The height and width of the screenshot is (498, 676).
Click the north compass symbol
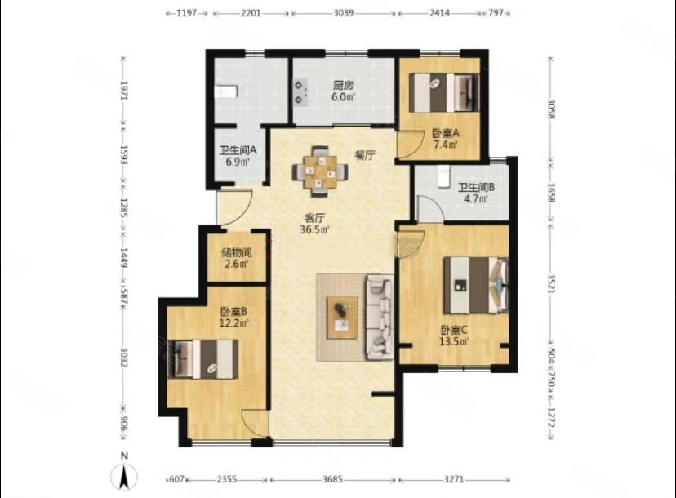(124, 478)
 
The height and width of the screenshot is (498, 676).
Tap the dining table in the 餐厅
(319, 171)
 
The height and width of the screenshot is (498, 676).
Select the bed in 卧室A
(443, 93)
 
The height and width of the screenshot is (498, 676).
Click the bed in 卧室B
(202, 359)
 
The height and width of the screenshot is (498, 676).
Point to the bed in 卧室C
(475, 285)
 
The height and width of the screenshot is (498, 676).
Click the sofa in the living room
(380, 318)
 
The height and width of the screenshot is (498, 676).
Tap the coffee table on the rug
(342, 318)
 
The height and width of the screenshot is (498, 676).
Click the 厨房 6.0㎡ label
(343, 91)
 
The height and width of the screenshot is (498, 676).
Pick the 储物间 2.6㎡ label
(237, 258)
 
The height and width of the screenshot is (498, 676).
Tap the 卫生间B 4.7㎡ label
(476, 193)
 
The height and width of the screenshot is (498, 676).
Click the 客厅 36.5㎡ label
(314, 224)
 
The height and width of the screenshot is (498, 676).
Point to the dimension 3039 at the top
(344, 13)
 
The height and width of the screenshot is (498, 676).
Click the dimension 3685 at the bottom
(332, 479)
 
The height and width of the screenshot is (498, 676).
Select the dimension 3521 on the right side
(551, 284)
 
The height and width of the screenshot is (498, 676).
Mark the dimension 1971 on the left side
(124, 91)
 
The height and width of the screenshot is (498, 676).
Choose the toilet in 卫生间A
(226, 91)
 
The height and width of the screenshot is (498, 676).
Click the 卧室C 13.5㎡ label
(454, 336)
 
